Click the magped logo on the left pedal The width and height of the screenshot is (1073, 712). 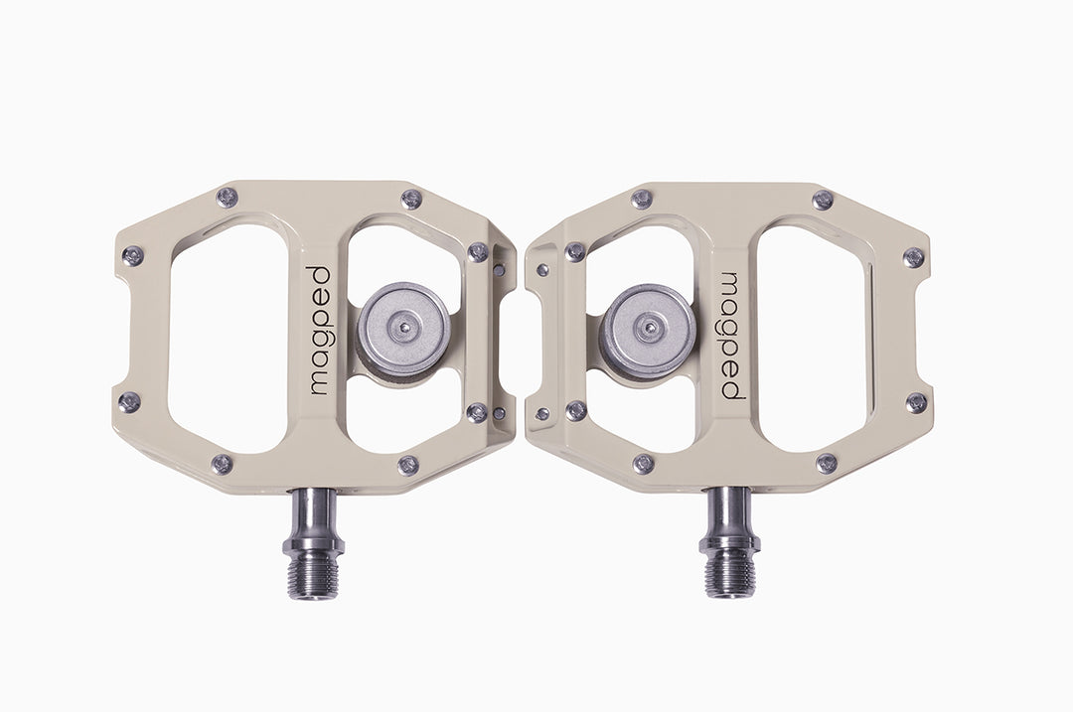pyautogui.click(x=320, y=331)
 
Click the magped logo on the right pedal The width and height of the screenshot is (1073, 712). pyautogui.click(x=733, y=336)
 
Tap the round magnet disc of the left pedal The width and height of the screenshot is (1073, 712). pyautogui.click(x=403, y=327)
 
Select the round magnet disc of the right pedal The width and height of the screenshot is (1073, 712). pyautogui.click(x=648, y=330)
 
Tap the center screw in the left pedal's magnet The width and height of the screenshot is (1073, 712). pyautogui.click(x=403, y=327)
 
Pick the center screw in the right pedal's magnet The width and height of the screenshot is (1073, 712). pyautogui.click(x=649, y=330)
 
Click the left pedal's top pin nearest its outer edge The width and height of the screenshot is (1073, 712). pyautogui.click(x=227, y=198)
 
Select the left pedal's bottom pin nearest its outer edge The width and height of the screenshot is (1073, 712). pyautogui.click(x=221, y=465)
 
